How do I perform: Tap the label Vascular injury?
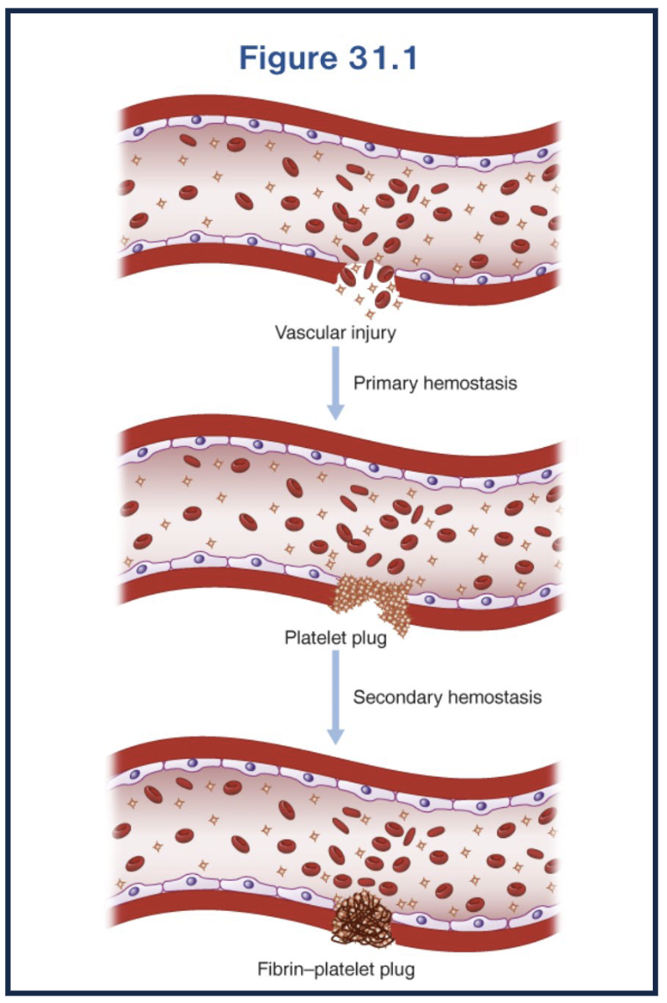(x=335, y=332)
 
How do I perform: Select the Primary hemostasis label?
(x=435, y=383)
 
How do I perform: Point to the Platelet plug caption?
(x=335, y=640)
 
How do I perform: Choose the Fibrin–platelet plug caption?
(x=335, y=971)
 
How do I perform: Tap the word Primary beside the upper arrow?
(x=386, y=383)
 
